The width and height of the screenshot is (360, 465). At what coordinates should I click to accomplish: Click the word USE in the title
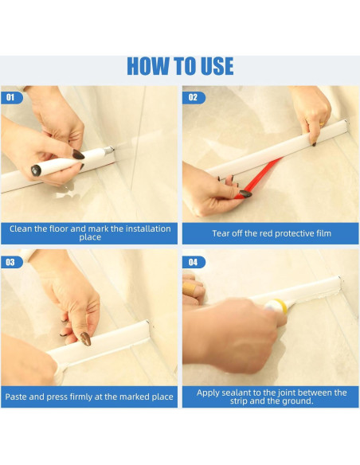pyautogui.click(x=217, y=66)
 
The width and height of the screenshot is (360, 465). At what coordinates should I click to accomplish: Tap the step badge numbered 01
pyautogui.click(x=11, y=98)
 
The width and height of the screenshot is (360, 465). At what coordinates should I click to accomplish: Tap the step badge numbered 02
pyautogui.click(x=194, y=98)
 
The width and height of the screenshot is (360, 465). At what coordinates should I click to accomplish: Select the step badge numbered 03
pyautogui.click(x=11, y=262)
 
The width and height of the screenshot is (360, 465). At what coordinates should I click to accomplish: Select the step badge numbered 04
pyautogui.click(x=194, y=262)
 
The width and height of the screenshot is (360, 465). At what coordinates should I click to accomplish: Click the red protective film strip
pyautogui.click(x=257, y=178)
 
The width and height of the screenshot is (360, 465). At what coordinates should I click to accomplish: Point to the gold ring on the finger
pyautogui.click(x=322, y=124)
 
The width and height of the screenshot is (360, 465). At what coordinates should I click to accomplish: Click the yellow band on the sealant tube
pyautogui.click(x=281, y=307)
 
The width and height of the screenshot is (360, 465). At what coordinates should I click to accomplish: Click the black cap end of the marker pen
pyautogui.click(x=36, y=170)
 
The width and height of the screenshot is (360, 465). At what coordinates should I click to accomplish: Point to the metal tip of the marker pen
pyautogui.click(x=109, y=150)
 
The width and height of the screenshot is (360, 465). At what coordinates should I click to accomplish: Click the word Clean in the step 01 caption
pyautogui.click(x=20, y=229)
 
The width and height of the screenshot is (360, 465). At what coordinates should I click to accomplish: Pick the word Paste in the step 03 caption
pyautogui.click(x=16, y=397)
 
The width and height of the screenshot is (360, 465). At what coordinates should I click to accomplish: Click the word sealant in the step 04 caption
pyautogui.click(x=241, y=393)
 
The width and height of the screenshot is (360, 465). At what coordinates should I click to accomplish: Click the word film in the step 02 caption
pyautogui.click(x=323, y=233)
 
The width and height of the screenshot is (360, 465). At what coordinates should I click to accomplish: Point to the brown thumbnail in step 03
pyautogui.click(x=86, y=338)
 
